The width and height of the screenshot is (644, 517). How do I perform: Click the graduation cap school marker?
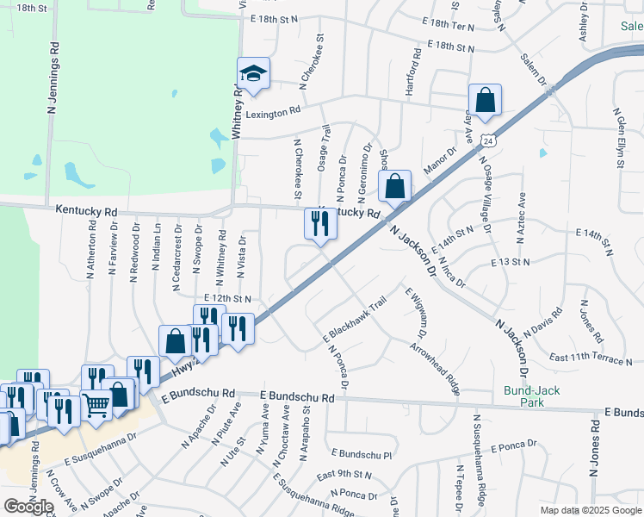click(253, 75)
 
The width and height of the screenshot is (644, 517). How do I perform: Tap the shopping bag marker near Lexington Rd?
click(485, 101)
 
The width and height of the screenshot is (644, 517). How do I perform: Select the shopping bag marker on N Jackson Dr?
click(394, 187)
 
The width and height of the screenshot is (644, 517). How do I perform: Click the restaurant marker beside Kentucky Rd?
click(320, 225)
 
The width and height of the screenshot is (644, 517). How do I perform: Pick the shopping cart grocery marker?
click(96, 405)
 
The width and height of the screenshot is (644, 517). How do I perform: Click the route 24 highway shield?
click(488, 140)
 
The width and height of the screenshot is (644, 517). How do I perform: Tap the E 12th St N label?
click(222, 299)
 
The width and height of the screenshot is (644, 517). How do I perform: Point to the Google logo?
click(28, 506)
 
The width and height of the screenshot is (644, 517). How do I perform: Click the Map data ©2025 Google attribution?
click(590, 510)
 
